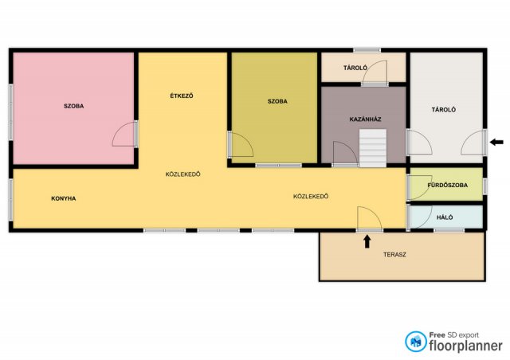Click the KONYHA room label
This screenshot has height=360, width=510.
[64, 198]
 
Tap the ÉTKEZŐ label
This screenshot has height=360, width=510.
[182, 96]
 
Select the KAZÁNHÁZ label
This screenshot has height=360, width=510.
[365, 119]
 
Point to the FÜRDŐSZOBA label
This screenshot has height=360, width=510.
[448, 185]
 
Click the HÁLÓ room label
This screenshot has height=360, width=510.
[445, 217]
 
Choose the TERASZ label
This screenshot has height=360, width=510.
[394, 255]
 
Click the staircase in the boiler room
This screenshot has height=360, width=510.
[373, 148]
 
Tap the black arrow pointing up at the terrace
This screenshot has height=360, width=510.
[367, 241]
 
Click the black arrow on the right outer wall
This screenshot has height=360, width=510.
[496, 142]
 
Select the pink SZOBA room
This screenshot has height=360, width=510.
[73, 108]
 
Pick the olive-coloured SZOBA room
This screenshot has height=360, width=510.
[274, 108]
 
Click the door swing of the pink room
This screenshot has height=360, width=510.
[124, 134]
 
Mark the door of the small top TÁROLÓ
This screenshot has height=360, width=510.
[375, 72]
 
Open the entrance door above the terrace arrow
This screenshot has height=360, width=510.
[370, 218]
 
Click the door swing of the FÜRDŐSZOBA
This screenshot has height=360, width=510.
[420, 188]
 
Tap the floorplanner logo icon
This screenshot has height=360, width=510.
[415, 342]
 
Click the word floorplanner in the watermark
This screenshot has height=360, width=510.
[465, 346]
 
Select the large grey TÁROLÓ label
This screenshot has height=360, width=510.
[443, 110]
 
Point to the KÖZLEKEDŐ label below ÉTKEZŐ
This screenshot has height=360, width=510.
[182, 174]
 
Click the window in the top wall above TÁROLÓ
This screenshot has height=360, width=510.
[367, 50]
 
